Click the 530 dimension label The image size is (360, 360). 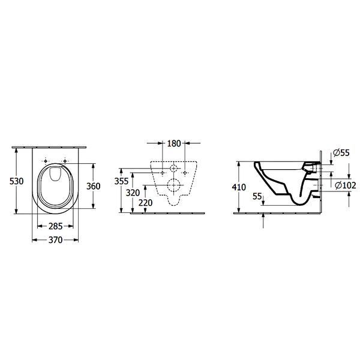pos(16,181)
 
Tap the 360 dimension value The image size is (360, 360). pos(93,186)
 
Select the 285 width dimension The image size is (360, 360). pos(56,226)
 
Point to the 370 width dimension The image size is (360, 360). pos(56,240)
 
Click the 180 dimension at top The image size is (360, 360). pos(174,143)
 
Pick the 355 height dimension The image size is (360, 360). pos(121,181)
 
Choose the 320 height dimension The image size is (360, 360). pos(133,193)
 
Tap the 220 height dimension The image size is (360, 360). pos(146,203)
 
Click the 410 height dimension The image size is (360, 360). pos(239,187)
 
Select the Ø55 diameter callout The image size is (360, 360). pos(341,152)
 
